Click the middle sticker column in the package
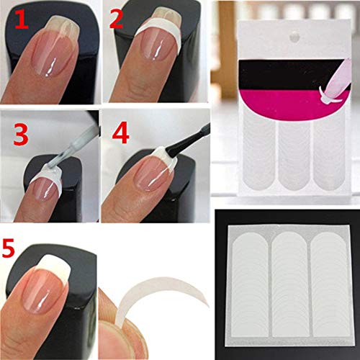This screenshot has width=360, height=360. [x=297, y=155]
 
